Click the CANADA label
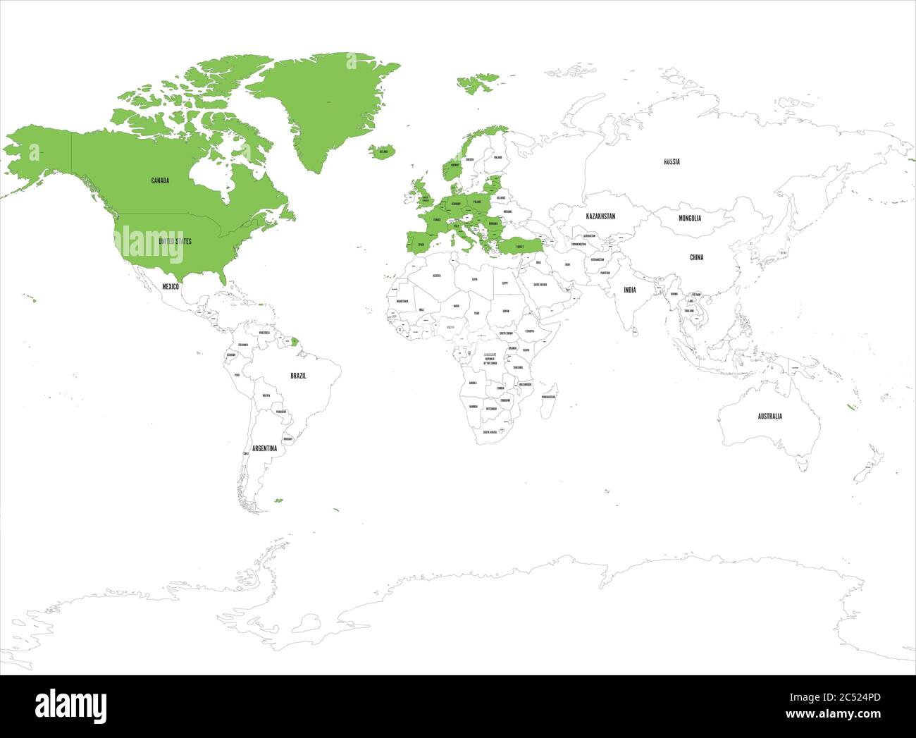(160, 180)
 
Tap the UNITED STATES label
(174, 241)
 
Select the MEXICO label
(171, 287)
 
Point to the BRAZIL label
(298, 376)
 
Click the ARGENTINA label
(264, 448)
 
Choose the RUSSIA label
(671, 161)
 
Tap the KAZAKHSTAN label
(600, 216)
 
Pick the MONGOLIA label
(690, 218)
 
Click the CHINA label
(696, 257)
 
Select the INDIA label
(629, 290)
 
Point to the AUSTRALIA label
(769, 416)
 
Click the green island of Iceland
(382, 152)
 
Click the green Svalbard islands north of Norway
(477, 83)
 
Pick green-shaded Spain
(420, 244)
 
